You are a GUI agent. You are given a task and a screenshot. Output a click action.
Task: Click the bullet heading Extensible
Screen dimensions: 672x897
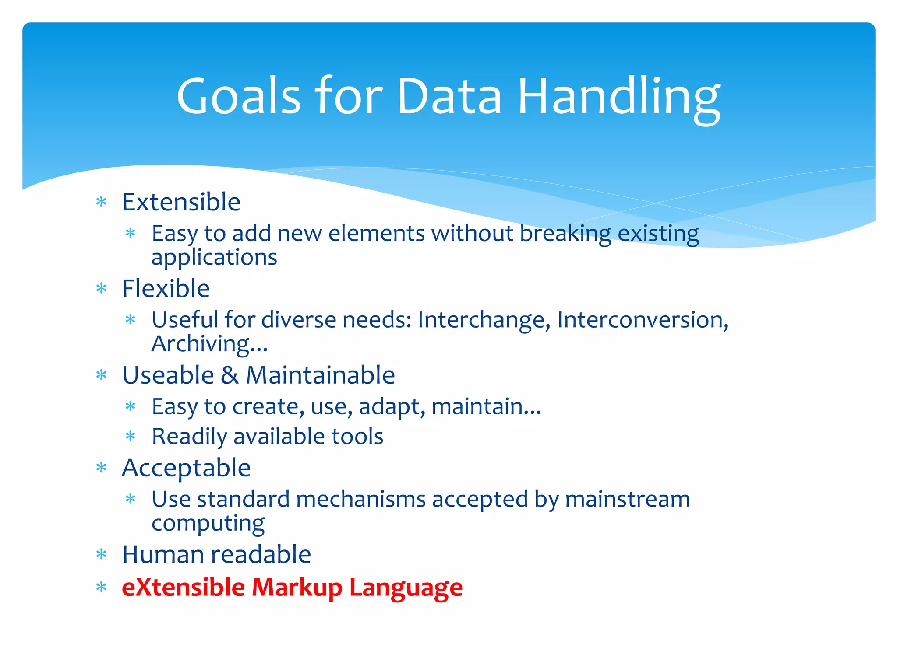pos(181,202)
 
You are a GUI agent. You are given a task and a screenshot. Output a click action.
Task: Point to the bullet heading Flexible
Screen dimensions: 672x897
pos(166,288)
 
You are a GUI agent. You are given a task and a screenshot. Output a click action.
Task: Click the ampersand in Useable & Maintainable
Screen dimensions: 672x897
pos(230,375)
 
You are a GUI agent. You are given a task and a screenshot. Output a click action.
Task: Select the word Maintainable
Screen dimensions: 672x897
pos(320,375)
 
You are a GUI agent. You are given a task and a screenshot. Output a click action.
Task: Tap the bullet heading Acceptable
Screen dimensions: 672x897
pos(186,468)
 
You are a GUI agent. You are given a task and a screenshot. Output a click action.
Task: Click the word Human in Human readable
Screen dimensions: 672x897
pos(163,554)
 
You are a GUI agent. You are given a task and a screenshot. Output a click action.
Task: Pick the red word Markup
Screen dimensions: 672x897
pos(297,587)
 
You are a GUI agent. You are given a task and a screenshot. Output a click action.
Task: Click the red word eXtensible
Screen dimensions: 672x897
pos(183,587)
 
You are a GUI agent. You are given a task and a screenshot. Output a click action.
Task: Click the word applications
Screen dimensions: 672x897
pos(214,257)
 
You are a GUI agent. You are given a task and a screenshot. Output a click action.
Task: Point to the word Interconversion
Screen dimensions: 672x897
pos(642,320)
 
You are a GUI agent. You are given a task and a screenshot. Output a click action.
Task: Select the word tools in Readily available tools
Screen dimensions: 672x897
pos(357,436)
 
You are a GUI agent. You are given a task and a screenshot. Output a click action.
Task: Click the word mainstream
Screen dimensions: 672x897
pos(627,499)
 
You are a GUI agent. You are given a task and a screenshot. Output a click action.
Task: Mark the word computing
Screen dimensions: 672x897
pos(208,524)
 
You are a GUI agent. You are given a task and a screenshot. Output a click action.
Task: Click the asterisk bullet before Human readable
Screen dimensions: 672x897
pos(102,555)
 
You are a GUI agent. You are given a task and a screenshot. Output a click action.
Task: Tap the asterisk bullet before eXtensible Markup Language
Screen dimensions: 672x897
pos(102,587)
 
